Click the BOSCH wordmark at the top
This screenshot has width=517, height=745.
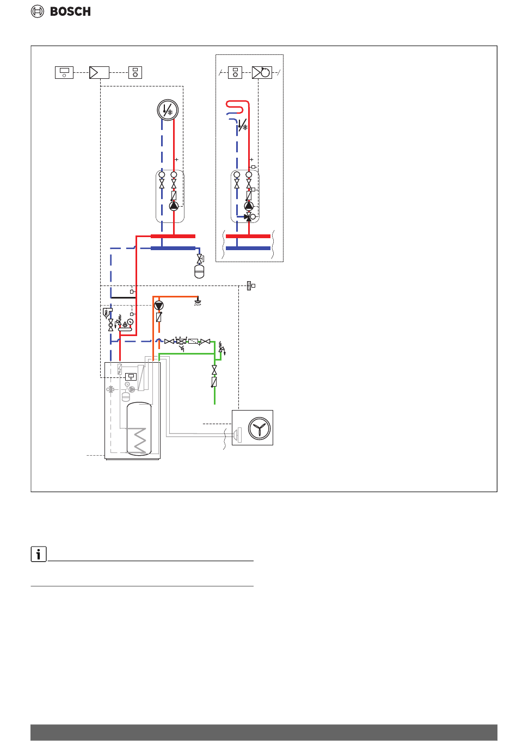pyautogui.click(x=70, y=11)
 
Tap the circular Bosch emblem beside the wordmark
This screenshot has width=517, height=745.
pyautogui.click(x=38, y=11)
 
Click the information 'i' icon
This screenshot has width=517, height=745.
pyautogui.click(x=39, y=554)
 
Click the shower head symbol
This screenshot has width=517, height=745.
pyautogui.click(x=198, y=301)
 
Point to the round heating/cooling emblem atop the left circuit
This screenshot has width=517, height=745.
pyautogui.click(x=168, y=110)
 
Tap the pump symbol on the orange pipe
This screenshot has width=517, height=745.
pyautogui.click(x=158, y=306)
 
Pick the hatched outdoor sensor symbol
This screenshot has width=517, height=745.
pyautogui.click(x=249, y=285)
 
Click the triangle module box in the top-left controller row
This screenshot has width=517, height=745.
pyautogui.click(x=99, y=72)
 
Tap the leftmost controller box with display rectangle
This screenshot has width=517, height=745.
pyautogui.click(x=64, y=72)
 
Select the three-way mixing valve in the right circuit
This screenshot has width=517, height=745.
pyautogui.click(x=249, y=216)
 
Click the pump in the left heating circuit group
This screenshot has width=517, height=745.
pyautogui.click(x=174, y=206)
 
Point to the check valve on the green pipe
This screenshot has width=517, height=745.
pyautogui.click(x=214, y=382)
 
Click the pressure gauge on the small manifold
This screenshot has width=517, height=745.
pyautogui.click(x=131, y=321)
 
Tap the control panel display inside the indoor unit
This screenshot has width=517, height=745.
pyautogui.click(x=131, y=376)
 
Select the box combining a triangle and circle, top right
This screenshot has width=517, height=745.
pyautogui.click(x=262, y=72)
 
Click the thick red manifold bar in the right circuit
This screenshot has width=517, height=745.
pyautogui.click(x=248, y=236)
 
